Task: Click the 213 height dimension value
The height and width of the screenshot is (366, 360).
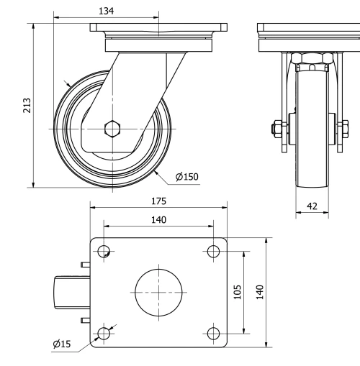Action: point(27,105)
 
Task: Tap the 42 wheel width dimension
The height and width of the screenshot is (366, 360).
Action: point(312,206)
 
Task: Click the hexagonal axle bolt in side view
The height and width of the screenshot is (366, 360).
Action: point(111,129)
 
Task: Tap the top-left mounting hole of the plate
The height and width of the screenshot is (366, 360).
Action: point(104,251)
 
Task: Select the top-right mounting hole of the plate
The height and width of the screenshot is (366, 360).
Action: point(212,251)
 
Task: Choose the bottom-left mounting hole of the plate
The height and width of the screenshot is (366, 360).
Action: point(104,332)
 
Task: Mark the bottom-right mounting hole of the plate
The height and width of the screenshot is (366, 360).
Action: point(212,332)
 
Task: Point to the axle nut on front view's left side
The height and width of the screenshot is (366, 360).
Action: point(276,129)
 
